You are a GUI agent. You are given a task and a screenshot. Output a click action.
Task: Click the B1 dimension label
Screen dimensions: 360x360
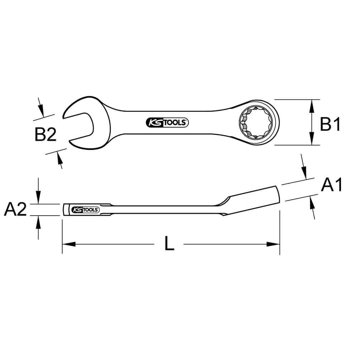[330, 124]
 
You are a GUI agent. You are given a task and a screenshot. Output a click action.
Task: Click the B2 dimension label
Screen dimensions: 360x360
[45, 134]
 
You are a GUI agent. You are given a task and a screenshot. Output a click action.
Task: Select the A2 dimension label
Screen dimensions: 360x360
[15, 209]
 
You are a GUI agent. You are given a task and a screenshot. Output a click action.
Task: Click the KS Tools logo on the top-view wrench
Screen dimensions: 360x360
[167, 123]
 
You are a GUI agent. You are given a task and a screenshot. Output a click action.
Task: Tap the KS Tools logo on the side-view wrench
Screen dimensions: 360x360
[85, 210]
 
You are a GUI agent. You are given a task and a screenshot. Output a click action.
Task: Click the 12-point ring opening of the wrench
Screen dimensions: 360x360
[255, 123]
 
